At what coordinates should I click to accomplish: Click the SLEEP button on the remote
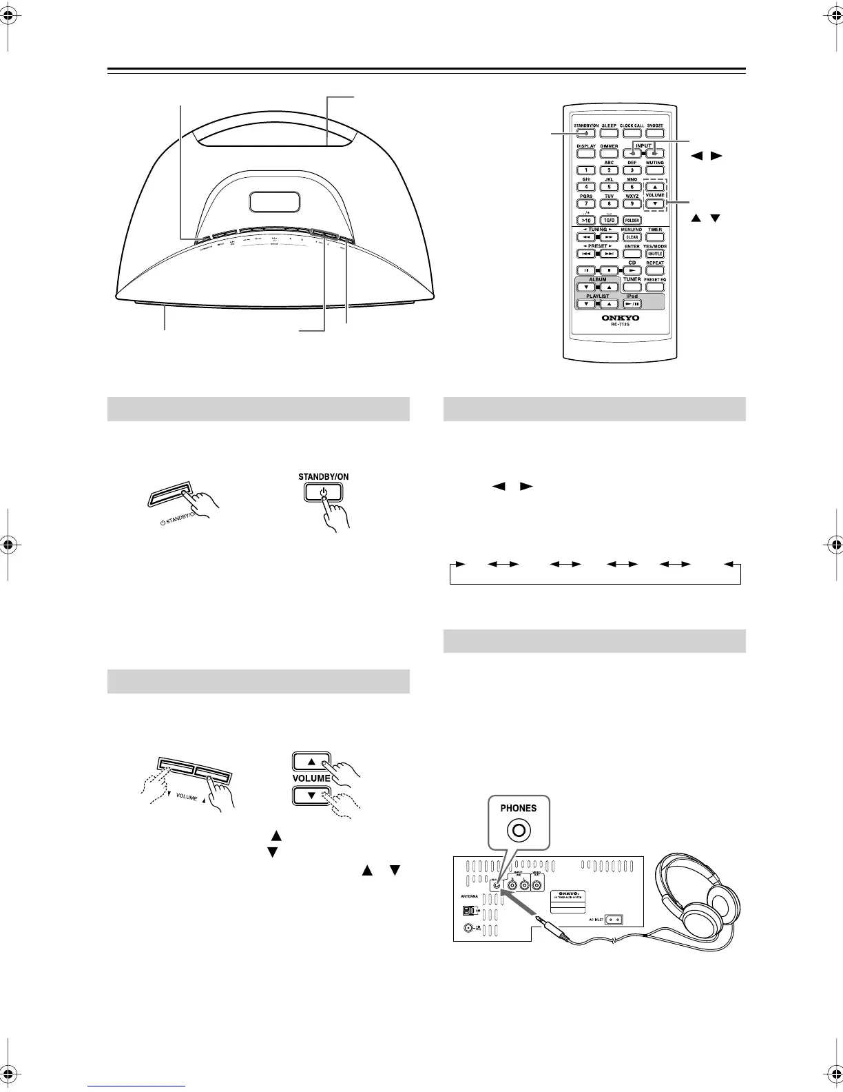pos(610,133)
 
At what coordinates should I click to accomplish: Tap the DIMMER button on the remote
pos(610,154)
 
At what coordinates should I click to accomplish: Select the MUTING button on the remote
pos(655,170)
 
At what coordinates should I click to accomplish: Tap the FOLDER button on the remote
pos(632,221)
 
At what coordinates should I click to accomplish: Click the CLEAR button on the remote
pos(632,237)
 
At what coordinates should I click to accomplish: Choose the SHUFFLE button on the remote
pos(655,254)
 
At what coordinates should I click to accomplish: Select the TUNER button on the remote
pos(632,287)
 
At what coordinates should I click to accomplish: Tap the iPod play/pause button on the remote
pos(632,303)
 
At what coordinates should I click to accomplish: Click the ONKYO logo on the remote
pos(621,318)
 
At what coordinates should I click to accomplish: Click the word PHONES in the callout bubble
pos(519,808)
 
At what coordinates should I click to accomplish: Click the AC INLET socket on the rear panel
pos(614,920)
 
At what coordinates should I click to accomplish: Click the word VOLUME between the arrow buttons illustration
pos(312,778)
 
